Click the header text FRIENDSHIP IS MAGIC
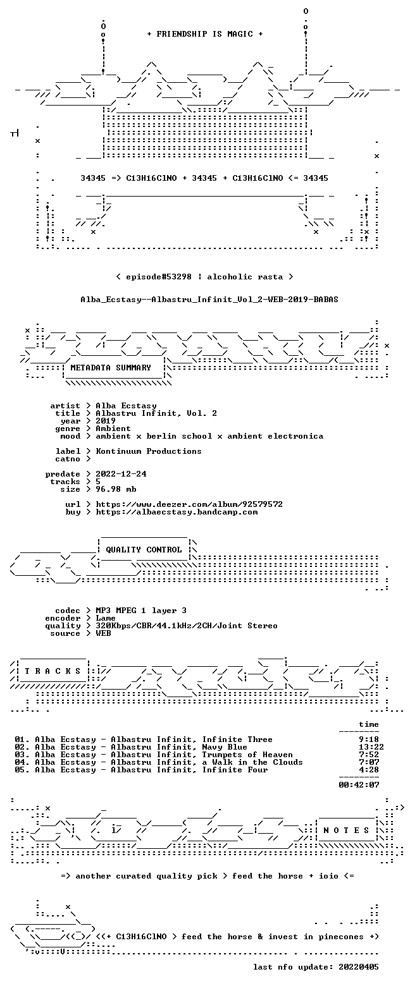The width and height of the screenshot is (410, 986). pos(205,34)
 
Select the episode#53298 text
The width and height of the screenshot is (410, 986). pos(159,277)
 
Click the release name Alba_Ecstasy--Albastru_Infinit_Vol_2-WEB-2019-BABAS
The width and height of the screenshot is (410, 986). pos(209,300)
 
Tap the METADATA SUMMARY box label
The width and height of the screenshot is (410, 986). pos(111,368)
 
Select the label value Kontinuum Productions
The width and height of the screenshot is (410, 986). pos(149,451)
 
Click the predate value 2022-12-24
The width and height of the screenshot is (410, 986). pos(121,474)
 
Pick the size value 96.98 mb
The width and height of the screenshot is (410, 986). pos(116,489)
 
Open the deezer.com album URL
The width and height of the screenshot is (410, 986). pos(189,504)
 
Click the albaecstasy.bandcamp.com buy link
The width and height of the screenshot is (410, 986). pos(177,512)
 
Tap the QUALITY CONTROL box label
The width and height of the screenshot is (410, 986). pos(144,550)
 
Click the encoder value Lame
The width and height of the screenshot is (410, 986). pos(106,618)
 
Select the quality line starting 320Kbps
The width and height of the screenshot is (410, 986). pos(187,626)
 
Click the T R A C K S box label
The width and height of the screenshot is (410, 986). pos(53,671)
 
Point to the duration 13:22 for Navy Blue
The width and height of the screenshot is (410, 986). pos(371,747)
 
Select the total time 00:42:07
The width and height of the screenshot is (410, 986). pos(359,785)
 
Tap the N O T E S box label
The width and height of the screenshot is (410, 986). pos(347,831)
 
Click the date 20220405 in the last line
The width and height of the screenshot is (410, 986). pos(359,967)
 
